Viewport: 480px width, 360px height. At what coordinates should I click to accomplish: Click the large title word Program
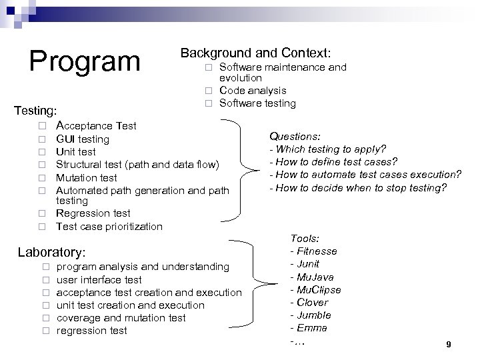pos(85,61)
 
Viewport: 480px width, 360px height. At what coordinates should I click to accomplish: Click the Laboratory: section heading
pos(51,253)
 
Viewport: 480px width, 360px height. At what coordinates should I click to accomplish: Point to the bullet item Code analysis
pos(253,90)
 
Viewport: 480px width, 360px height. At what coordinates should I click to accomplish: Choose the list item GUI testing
pos(83,139)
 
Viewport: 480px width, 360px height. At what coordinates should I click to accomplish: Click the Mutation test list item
pos(86,177)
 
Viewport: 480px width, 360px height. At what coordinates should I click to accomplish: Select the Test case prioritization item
pos(109,226)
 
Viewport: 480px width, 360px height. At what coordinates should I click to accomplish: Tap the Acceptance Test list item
pos(96,125)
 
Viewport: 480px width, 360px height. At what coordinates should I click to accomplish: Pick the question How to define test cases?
pos(333,161)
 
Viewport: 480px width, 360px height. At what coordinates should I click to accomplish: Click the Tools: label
pos(305,238)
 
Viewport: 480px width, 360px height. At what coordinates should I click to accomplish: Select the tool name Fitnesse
pos(313,251)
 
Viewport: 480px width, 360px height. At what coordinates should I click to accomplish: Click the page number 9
pos(449,344)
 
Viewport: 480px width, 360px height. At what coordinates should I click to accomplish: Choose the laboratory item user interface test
pos(99,279)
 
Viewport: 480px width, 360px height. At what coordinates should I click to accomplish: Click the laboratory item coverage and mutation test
pos(121,317)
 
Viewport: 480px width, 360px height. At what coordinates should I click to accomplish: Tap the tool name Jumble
pos(311,315)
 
